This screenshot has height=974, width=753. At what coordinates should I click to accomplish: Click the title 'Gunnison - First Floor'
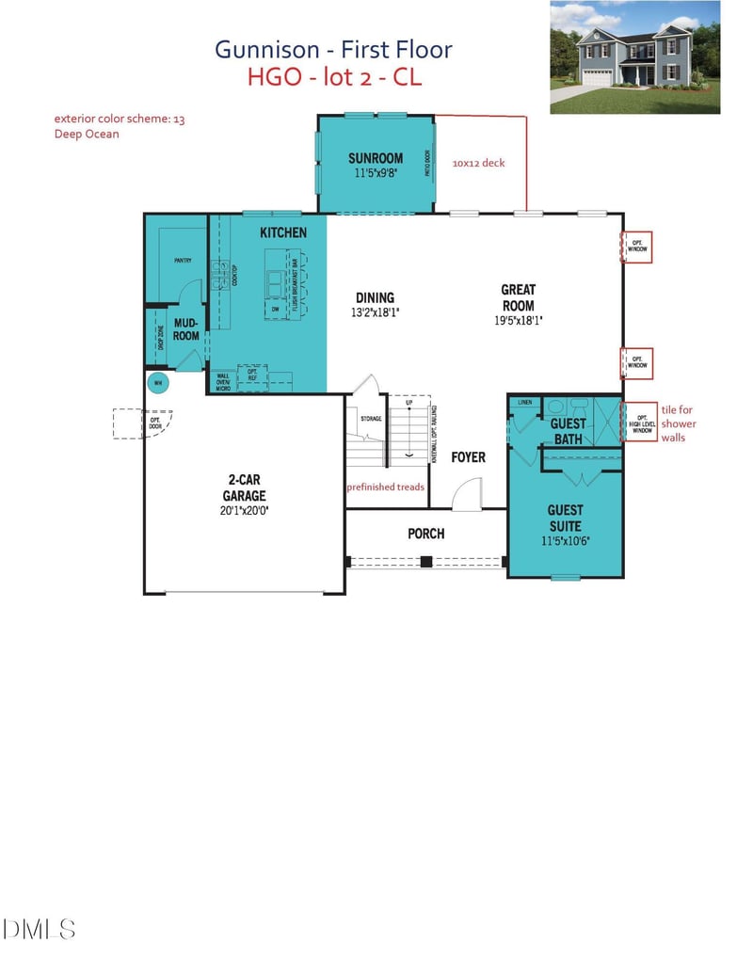click(x=333, y=49)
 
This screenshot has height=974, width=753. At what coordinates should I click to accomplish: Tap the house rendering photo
click(x=635, y=57)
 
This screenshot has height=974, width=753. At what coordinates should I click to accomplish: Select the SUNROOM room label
click(x=376, y=158)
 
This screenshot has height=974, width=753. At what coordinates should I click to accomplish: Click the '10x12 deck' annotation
click(x=478, y=163)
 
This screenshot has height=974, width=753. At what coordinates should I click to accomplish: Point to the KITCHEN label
click(x=283, y=232)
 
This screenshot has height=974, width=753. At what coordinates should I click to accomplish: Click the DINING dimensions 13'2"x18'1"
click(x=375, y=312)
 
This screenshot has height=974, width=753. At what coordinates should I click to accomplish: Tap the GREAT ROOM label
click(x=518, y=297)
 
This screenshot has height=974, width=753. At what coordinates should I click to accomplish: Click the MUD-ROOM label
click(x=186, y=328)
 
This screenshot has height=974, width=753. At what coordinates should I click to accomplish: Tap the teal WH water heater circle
click(x=158, y=382)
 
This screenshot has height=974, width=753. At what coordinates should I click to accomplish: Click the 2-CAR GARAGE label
click(x=244, y=488)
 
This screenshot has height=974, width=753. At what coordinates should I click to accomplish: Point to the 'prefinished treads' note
click(x=385, y=487)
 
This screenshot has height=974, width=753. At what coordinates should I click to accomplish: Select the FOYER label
click(x=468, y=457)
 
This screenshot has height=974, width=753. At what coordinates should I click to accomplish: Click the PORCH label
click(x=425, y=534)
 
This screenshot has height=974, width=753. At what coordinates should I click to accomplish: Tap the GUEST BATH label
click(x=568, y=431)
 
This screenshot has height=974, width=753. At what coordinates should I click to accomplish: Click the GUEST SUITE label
click(x=565, y=518)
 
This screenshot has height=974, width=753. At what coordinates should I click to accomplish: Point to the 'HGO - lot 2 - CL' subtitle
click(x=334, y=77)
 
